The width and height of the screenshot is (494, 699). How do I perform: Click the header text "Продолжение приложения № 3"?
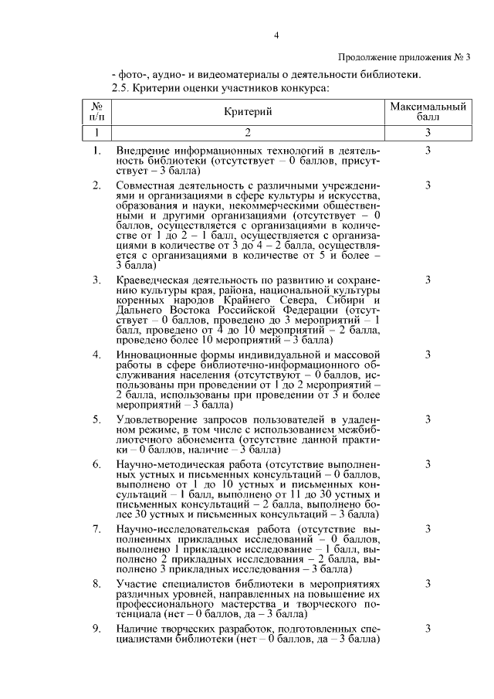(404, 57)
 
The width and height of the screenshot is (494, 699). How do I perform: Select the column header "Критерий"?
(249, 113)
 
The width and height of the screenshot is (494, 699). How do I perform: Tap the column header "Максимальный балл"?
(427, 113)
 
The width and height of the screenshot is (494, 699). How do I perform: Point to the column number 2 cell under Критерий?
(249, 133)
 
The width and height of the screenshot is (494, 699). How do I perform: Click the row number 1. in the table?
(96, 149)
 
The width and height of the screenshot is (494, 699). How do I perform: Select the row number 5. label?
(96, 419)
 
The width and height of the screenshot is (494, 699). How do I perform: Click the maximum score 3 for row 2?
(427, 185)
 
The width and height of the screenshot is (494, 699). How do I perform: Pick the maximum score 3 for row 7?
(427, 529)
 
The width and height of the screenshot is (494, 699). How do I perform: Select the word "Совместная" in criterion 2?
(143, 185)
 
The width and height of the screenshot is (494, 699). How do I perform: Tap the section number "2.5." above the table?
(120, 88)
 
